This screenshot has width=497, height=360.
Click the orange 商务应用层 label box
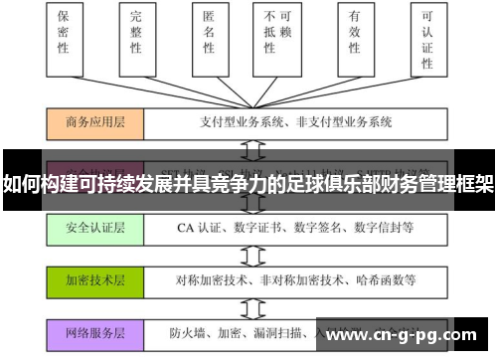tap(94, 122)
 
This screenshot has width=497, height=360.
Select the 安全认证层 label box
tap(94, 228)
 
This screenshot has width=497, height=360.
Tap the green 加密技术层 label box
tap(94, 281)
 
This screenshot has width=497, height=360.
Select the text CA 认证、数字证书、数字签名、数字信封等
tap(280, 228)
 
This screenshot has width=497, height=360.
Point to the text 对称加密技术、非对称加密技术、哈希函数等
tap(282, 281)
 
